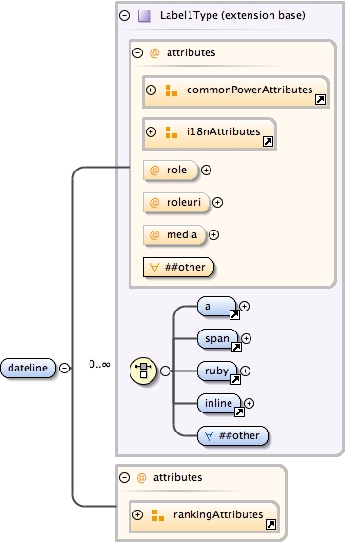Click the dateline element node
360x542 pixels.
point(29,367)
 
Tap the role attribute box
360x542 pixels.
point(169,171)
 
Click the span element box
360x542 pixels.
point(217,339)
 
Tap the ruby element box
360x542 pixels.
point(217,371)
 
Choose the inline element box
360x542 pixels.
point(220,404)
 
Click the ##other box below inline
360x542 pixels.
point(232,435)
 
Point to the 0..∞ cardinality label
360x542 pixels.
point(99,363)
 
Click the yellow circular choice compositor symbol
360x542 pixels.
point(143,370)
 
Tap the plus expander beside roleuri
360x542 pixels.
point(217,202)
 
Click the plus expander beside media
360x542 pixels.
point(213,234)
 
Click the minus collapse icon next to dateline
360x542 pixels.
point(64,368)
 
